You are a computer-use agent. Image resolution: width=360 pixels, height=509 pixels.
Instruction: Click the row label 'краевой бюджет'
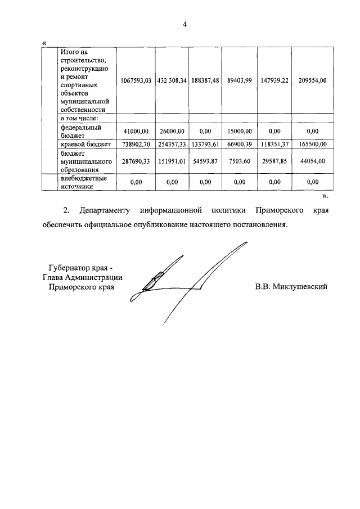pos(86,144)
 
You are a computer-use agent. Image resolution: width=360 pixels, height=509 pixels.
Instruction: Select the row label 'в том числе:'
pos(79,119)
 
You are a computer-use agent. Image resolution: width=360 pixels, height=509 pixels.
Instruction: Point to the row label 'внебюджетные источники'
pos(84,182)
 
